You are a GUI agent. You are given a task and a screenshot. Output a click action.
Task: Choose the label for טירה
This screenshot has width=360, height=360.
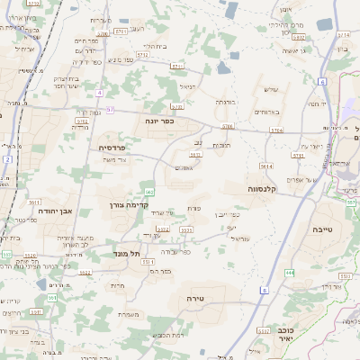coord(196,297)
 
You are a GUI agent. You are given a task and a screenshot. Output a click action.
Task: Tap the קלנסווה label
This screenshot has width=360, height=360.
coord(267,189)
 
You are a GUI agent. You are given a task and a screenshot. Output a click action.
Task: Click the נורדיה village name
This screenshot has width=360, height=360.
coord(80,127)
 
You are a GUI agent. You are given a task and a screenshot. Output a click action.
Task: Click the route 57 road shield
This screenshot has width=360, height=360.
coord(110,110)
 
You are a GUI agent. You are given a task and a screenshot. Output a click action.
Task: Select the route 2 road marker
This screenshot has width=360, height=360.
coord(8,158)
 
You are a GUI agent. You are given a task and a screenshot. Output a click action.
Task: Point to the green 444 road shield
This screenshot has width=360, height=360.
coord(289,271)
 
